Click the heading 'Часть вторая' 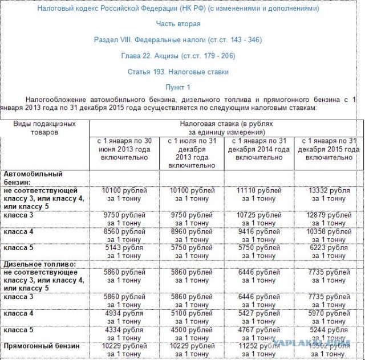click(178, 24)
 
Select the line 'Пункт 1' click(178, 87)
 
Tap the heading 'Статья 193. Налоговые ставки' click(178, 72)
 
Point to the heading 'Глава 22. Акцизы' click(178, 56)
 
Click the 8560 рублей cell click(123, 236)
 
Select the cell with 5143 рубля click(123, 252)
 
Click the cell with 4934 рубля click(123, 317)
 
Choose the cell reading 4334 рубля click(123, 334)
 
